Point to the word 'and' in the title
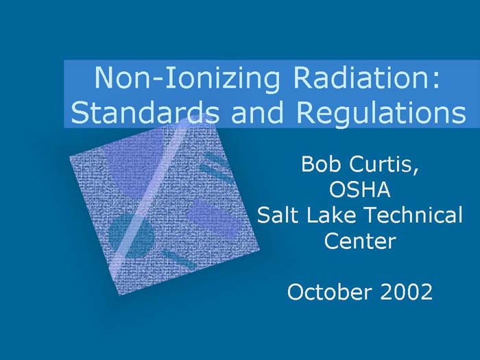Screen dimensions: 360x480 pos(256,112)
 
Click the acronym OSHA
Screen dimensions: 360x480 pos(359,191)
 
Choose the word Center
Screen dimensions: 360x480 pos(359,241)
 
